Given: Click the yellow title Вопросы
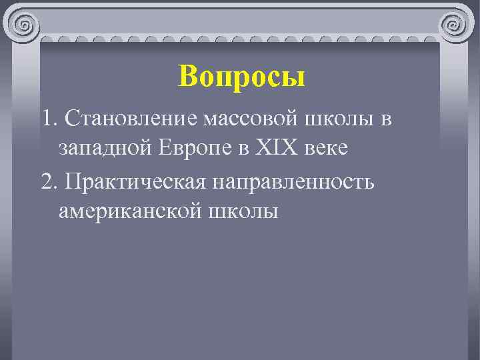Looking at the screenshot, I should (x=241, y=77).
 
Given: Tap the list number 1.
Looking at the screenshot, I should (x=46, y=119).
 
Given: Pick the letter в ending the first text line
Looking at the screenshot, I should (x=386, y=121).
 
